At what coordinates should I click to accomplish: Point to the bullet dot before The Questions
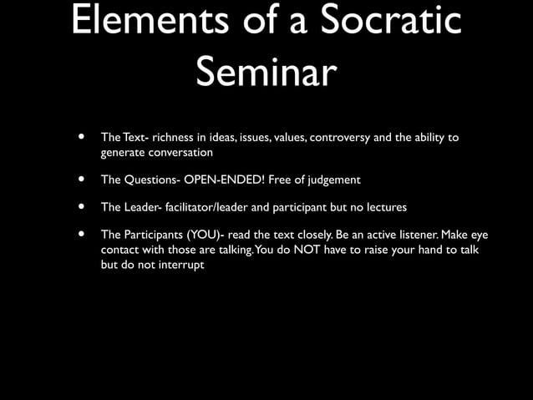(81, 180)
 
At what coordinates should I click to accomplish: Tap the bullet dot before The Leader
(81, 206)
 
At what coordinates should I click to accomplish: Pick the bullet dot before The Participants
(81, 234)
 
